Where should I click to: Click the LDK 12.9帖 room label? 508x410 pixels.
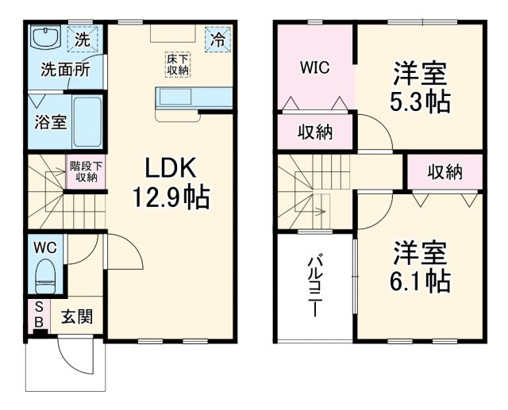tap(176, 182)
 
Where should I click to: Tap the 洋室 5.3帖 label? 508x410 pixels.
tap(421, 88)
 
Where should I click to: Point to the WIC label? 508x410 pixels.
tap(314, 67)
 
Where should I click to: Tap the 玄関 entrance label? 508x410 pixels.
tap(77, 316)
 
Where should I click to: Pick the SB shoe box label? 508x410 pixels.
tap(37, 315)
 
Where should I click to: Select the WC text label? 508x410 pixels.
tap(44, 247)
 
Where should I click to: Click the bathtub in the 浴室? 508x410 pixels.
tap(88, 122)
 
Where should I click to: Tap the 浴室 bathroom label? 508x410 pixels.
tap(50, 123)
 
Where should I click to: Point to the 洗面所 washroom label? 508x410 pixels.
tap(65, 70)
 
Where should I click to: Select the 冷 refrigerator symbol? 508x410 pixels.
tap(216, 38)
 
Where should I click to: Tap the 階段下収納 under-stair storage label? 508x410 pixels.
tap(83, 171)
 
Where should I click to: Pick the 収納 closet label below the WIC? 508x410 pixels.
tap(314, 132)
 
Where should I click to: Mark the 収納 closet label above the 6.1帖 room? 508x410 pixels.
tap(444, 172)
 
